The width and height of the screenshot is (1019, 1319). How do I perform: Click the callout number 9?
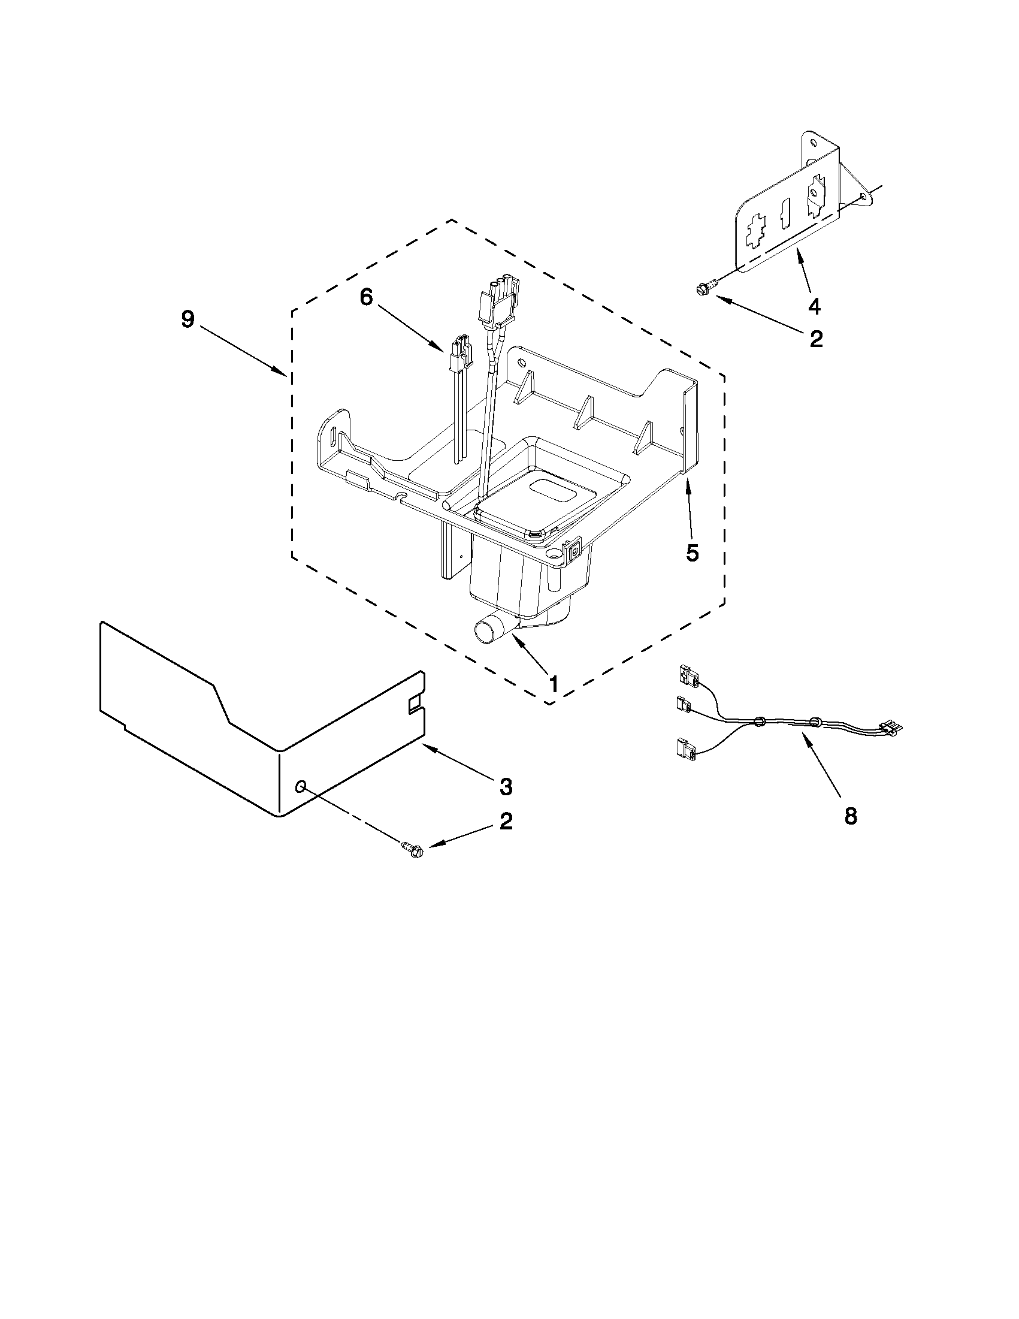188,319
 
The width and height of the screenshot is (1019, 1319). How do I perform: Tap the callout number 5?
693,552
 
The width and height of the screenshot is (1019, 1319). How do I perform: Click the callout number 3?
506,786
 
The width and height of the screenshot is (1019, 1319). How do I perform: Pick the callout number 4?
814,307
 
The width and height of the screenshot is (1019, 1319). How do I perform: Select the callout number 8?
850,816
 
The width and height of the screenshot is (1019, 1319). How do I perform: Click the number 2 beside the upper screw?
815,339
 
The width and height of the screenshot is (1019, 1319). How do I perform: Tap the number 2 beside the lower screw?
506,821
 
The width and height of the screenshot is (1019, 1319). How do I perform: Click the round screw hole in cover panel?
300,785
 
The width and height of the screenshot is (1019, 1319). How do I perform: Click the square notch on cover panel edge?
416,704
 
